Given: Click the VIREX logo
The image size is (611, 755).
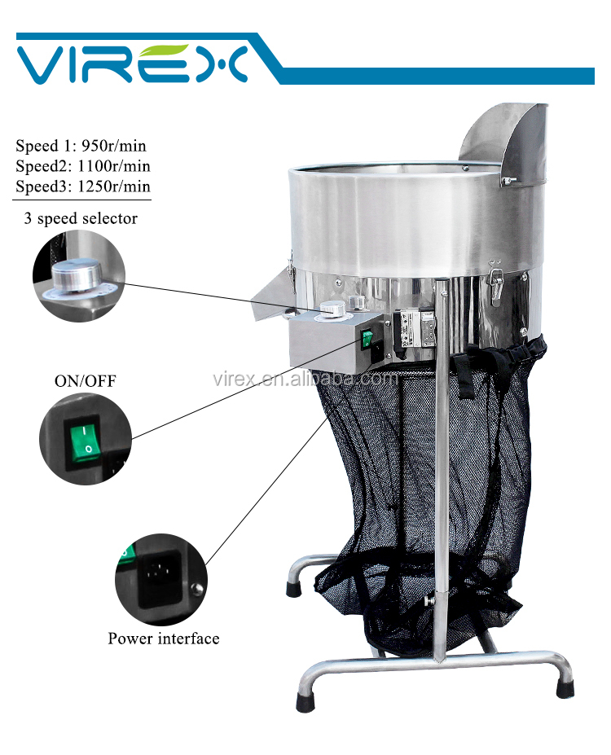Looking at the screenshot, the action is pos(133,64).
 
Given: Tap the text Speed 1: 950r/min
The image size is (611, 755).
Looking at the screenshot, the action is pos(81,146).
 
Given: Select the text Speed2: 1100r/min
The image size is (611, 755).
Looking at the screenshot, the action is pos(83,166).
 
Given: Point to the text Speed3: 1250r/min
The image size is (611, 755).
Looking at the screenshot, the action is pos(83,187).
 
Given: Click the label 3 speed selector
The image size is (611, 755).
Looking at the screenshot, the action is pos(81,218).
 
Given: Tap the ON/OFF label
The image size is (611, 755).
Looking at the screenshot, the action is pos(86,381).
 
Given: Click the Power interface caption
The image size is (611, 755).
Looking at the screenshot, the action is pos(164,639).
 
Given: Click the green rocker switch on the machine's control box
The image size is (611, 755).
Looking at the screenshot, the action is pos(367,339).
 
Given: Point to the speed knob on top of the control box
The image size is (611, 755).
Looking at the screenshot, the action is pos(332,308).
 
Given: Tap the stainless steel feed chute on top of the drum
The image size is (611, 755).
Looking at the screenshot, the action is pos(504,142).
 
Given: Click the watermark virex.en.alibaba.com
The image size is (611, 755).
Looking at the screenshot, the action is pos(305,379).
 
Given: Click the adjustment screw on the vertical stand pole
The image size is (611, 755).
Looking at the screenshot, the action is pos(429,600).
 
